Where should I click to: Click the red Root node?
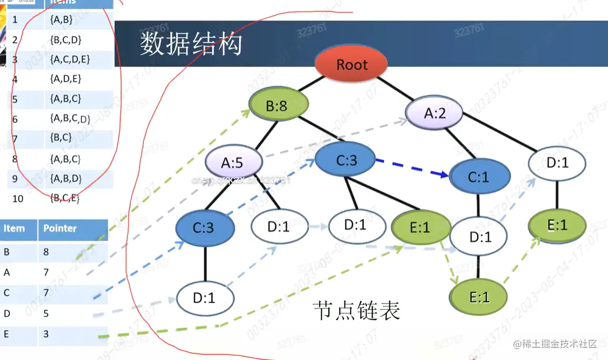pyautogui.click(x=351, y=65)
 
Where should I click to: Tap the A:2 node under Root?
pyautogui.click(x=434, y=113)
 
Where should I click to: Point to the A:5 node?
pyautogui.click(x=232, y=163)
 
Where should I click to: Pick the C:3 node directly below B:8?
pyautogui.click(x=346, y=161)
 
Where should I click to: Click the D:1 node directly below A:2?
pyautogui.click(x=557, y=163)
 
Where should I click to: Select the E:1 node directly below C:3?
pyautogui.click(x=418, y=227)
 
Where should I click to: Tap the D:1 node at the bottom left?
pyautogui.click(x=204, y=298)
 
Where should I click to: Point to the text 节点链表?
pyautogui.click(x=356, y=311)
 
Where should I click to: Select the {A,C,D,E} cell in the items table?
pyautogui.click(x=70, y=59)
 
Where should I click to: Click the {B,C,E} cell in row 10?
pyautogui.click(x=65, y=198)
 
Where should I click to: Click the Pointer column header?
pyautogui.click(x=60, y=228)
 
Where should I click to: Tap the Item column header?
pyautogui.click(x=14, y=228)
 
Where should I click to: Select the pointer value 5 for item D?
pyautogui.click(x=46, y=313)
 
